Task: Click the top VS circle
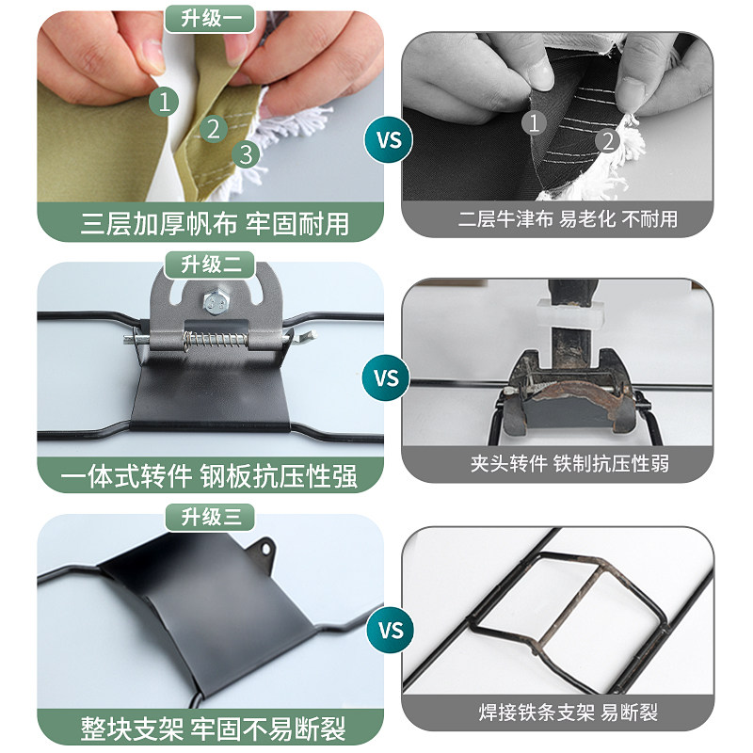pyautogui.click(x=388, y=140)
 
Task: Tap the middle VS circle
pyautogui.click(x=388, y=379)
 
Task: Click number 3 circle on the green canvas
pyautogui.click(x=246, y=153)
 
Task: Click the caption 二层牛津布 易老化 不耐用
pyautogui.click(x=568, y=220)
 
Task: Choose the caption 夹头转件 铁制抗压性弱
pyautogui.click(x=569, y=463)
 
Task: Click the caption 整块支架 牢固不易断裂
pyautogui.click(x=213, y=728)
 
